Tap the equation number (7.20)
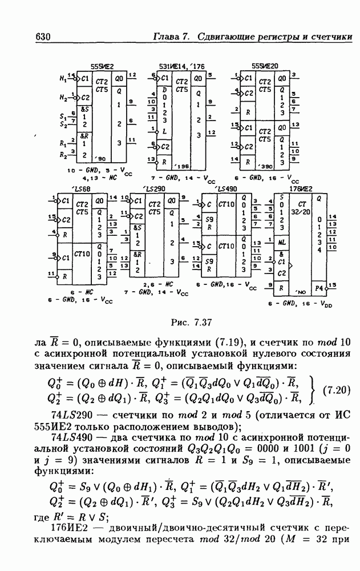coord(338,391)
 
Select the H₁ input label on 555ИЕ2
coord(64,78)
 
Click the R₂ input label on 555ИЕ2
coord(64,154)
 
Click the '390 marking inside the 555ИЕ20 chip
coord(264,166)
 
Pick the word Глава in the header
coord(167,37)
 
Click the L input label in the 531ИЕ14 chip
coord(165,131)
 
